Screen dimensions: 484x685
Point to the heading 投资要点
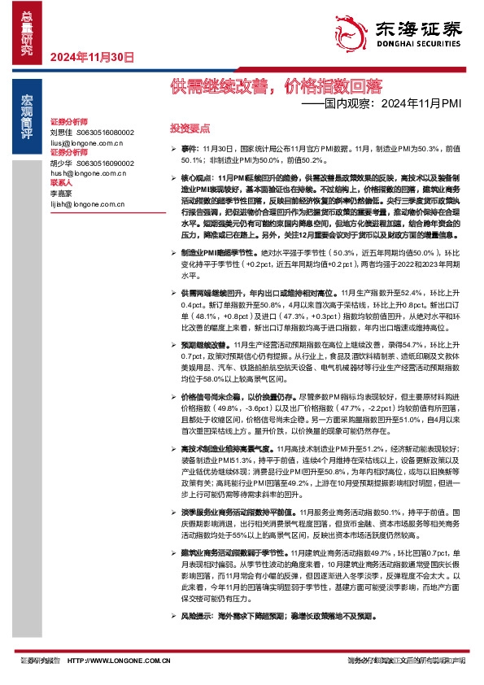pos(190,129)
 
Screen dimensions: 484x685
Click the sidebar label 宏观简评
pos(26,114)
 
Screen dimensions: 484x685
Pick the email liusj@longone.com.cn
pos(86,143)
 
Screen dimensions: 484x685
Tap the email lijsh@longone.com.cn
pos(86,203)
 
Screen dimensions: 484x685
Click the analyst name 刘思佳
pos(61,132)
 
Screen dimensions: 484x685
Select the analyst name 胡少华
pos(61,163)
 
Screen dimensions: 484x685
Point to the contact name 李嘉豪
pos(61,194)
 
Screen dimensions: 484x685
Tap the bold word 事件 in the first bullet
pos(189,150)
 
